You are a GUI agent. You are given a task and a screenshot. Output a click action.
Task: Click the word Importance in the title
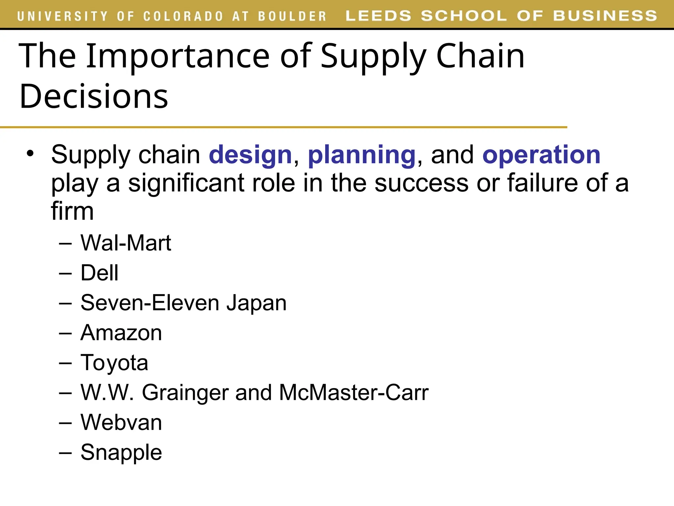click(x=178, y=57)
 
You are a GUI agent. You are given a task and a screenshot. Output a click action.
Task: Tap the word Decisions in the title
click(x=94, y=97)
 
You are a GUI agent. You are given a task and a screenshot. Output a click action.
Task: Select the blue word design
click(x=250, y=155)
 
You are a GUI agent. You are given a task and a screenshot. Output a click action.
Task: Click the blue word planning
click(x=361, y=155)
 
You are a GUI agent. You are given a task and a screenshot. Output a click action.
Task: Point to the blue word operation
click(x=541, y=155)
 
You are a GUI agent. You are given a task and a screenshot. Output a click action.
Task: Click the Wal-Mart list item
click(x=126, y=243)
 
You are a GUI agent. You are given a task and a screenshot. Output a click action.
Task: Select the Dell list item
click(x=99, y=273)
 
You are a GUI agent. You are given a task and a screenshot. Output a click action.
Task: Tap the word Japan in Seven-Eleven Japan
click(x=256, y=303)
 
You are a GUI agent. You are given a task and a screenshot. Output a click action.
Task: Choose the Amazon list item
click(x=121, y=333)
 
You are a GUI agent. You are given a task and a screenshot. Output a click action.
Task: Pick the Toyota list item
click(x=114, y=363)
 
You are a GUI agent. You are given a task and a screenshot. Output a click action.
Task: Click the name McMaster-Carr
click(x=354, y=393)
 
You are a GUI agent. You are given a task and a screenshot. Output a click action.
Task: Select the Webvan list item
click(x=121, y=423)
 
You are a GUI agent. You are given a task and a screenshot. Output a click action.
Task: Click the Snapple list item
click(x=121, y=453)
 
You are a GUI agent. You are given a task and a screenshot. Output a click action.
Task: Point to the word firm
click(x=72, y=211)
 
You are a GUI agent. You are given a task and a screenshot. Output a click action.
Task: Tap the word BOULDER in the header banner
click(x=292, y=16)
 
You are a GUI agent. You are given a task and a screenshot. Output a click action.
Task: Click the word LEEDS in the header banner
click(x=378, y=16)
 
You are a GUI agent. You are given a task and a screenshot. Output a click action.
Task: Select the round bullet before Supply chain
click(x=30, y=154)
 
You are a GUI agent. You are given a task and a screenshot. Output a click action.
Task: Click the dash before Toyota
click(x=65, y=363)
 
